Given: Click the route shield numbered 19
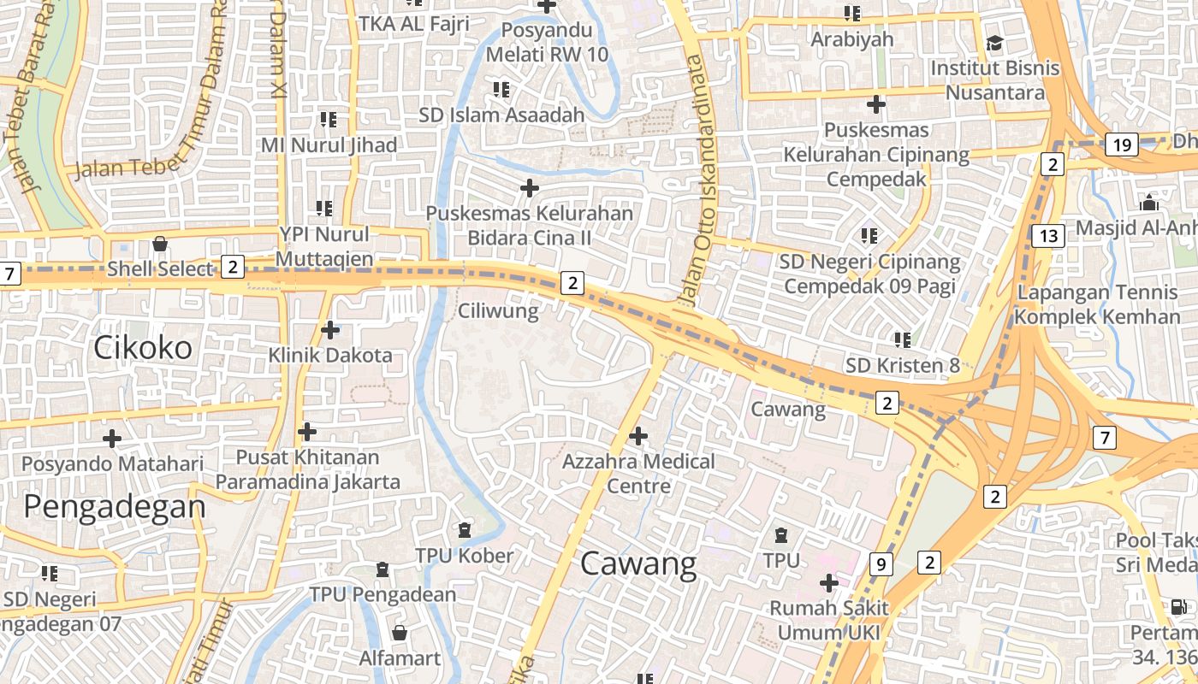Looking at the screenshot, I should tap(1121, 145).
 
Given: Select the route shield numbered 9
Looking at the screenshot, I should tap(881, 564).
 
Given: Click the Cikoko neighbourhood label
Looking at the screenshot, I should tap(143, 348).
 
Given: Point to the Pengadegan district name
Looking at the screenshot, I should tap(115, 507).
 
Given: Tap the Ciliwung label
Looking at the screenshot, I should tap(498, 310).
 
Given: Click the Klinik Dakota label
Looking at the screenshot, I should tap(330, 355).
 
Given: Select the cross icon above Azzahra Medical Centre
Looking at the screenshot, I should tap(638, 436).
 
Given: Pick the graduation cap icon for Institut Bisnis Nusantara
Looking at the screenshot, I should tap(994, 43).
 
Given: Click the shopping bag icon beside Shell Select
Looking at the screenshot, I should tap(159, 245).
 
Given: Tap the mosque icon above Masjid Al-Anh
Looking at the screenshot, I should tap(1149, 203).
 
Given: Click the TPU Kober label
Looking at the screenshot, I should tap(465, 556).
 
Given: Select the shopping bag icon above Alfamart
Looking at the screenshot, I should tap(399, 634).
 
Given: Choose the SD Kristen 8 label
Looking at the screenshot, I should tap(903, 366).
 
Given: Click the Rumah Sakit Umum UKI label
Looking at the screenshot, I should tap(829, 621).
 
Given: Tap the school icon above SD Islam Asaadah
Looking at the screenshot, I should tap(501, 90).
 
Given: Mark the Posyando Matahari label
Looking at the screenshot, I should tap(112, 464).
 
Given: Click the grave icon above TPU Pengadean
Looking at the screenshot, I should tap(383, 569).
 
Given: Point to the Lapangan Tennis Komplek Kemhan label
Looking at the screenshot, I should tap(1097, 305).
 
